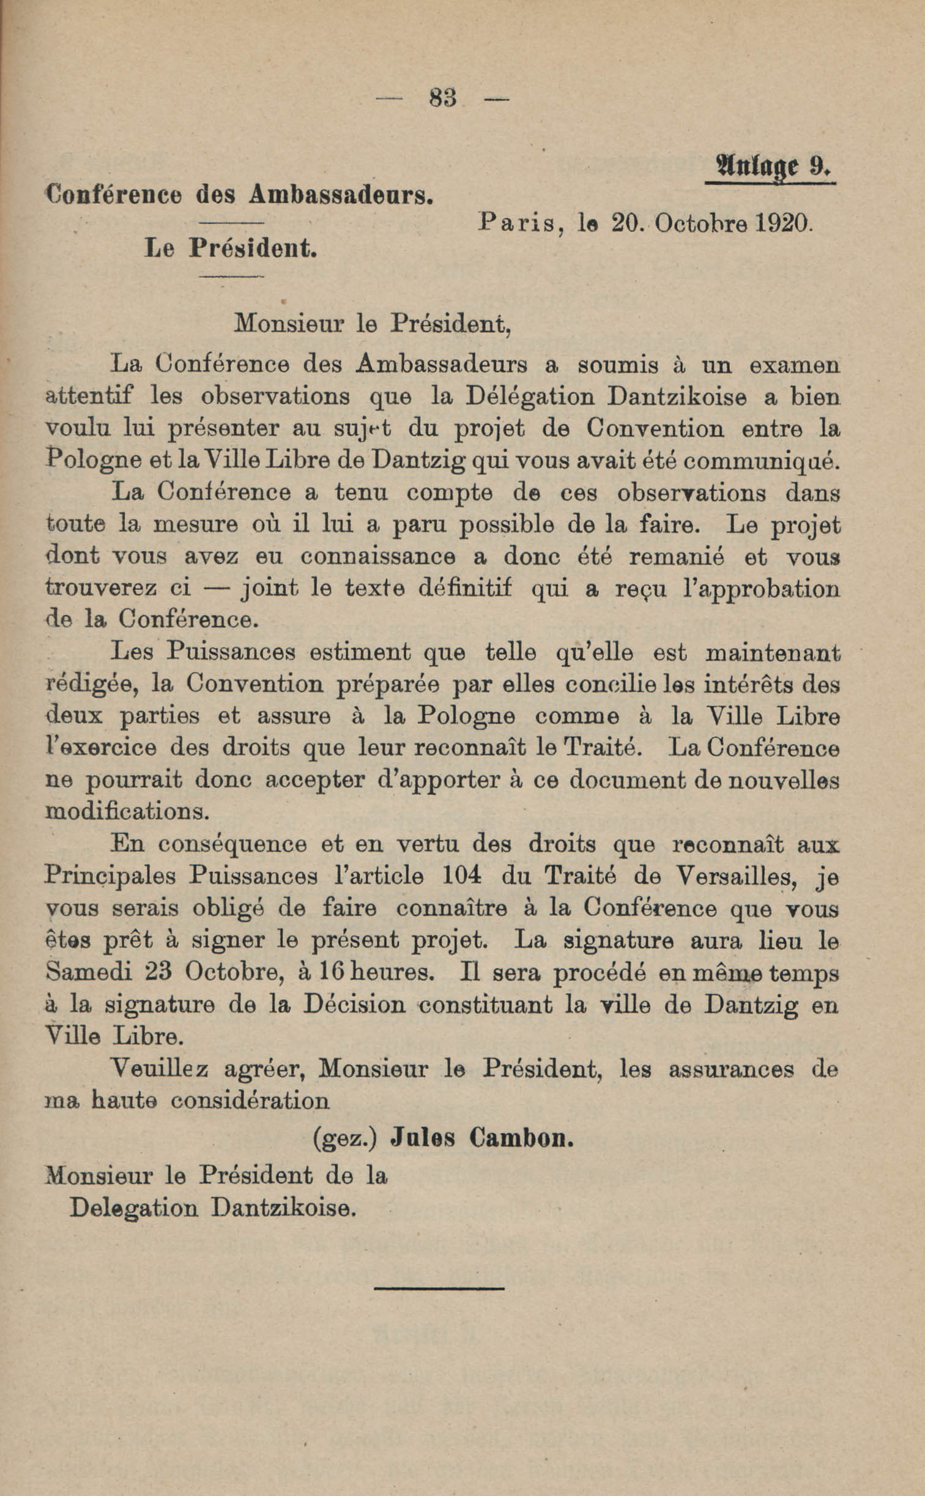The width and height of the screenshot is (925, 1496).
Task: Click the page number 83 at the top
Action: tap(444, 98)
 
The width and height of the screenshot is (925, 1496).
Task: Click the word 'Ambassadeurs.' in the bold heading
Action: tap(341, 195)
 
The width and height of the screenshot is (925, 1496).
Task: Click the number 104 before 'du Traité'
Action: tap(461, 876)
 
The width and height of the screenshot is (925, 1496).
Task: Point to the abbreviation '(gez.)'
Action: tap(344, 1138)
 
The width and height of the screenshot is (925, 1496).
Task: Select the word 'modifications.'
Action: tap(128, 813)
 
